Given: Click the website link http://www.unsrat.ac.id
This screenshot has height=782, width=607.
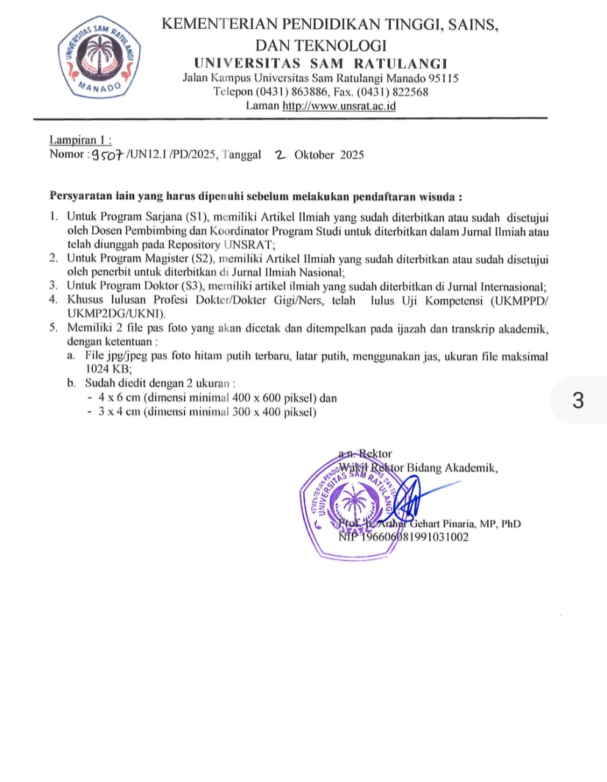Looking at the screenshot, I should coord(339,106).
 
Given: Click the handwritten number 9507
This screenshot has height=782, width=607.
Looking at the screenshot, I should coord(107,155).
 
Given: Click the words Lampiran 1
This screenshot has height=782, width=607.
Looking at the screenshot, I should coord(79,140).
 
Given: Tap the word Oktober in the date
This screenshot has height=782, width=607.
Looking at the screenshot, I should coord(314,155).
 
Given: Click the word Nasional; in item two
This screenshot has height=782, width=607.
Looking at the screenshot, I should coord(313,272).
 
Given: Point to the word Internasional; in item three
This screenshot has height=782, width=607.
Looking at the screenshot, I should coord(507,287).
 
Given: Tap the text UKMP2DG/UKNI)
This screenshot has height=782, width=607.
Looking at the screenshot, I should coord(116,314).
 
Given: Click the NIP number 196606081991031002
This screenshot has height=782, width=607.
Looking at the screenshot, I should coord(404,538).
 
